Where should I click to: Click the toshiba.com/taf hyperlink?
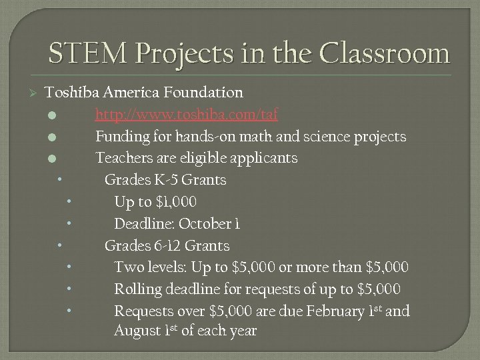tap(187, 115)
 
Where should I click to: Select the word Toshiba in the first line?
tap(71, 92)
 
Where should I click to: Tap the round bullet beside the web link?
tap(52, 115)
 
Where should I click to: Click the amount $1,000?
tap(174, 202)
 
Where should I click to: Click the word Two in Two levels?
tap(127, 267)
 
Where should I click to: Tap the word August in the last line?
tap(135, 331)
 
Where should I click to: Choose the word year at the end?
tap(241, 331)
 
